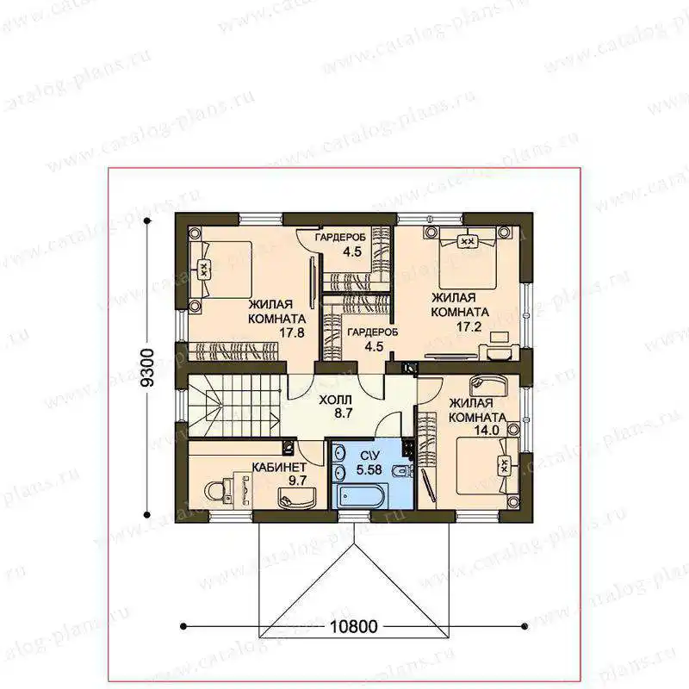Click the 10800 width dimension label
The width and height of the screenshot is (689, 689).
pyautogui.click(x=353, y=627)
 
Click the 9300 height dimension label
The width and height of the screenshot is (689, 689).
pyautogui.click(x=147, y=368)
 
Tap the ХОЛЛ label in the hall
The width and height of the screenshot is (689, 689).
pyautogui.click(x=335, y=400)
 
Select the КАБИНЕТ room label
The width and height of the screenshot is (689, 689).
pyautogui.click(x=279, y=467)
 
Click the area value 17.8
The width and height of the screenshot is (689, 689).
pyautogui.click(x=292, y=332)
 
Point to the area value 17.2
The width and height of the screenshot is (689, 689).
pyautogui.click(x=469, y=326)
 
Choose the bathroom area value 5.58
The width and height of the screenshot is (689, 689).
pyautogui.click(x=369, y=469)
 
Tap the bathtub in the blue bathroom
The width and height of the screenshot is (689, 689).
pyautogui.click(x=360, y=496)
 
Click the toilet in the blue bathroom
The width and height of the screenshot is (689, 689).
pyautogui.click(x=401, y=471)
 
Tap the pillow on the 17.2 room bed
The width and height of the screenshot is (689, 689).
pyautogui.click(x=469, y=241)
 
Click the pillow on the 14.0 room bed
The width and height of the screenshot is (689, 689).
pyautogui.click(x=505, y=465)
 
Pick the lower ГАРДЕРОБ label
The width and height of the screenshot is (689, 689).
pyautogui.click(x=373, y=332)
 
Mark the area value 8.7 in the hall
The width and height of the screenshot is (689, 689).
pyautogui.click(x=343, y=413)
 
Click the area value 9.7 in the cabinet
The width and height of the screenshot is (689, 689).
pyautogui.click(x=297, y=481)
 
